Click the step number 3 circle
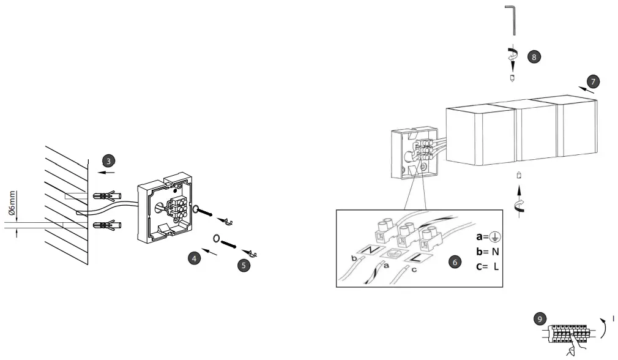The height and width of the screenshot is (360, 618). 108,161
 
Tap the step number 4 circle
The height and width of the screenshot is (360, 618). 193,258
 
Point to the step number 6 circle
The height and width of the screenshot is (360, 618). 454,261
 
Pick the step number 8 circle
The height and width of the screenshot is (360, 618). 534,56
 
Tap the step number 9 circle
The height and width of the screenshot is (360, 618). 539,319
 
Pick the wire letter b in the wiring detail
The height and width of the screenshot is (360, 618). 353,258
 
